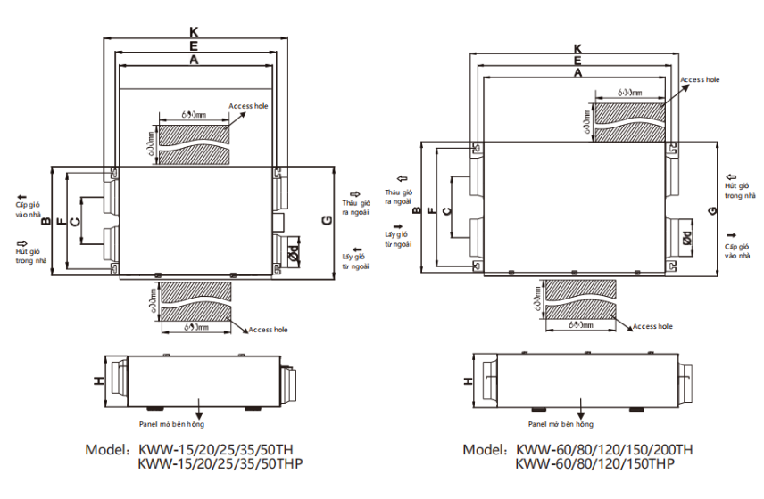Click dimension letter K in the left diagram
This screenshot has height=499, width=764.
coord(194,32)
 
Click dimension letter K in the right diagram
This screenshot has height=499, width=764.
coord(577,48)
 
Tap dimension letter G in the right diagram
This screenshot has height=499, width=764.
coord(711,210)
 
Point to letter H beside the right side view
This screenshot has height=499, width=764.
coord(469,380)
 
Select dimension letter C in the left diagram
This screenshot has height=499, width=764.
coord(76,220)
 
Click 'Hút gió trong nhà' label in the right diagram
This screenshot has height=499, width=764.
coord(739,189)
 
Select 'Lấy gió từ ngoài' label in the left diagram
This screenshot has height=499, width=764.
coord(355,261)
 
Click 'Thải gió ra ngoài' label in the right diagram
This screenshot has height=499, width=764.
coord(398,197)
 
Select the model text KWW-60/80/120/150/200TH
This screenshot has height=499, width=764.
coord(604,449)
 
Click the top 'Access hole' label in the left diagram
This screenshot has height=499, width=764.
coord(248,106)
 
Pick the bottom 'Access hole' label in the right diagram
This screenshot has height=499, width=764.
coord(653,327)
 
